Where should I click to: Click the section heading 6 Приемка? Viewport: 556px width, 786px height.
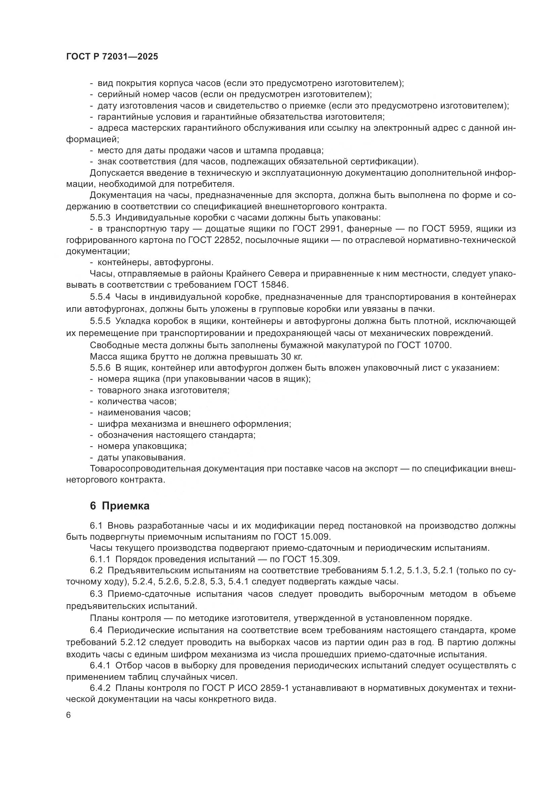119,506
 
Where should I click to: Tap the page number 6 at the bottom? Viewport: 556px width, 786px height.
69,715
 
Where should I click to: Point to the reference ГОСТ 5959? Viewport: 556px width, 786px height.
444,229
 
